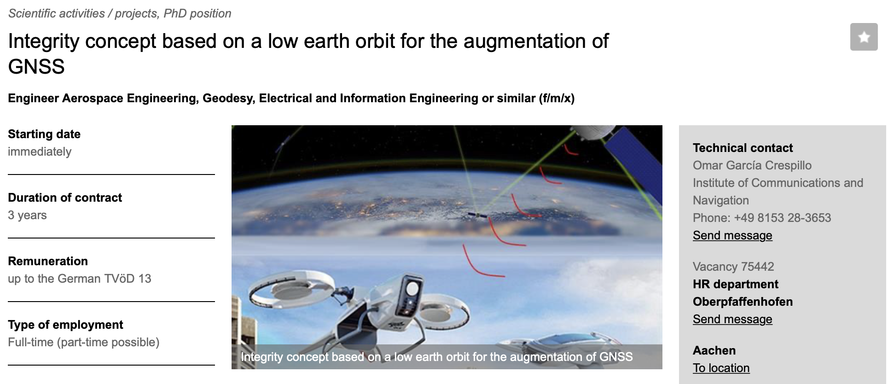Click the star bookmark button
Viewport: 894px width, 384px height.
(x=864, y=37)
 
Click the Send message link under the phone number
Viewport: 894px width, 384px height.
(x=732, y=235)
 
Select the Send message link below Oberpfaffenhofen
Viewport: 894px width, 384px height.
(x=732, y=319)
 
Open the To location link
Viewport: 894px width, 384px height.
(x=721, y=368)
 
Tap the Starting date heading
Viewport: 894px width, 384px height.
(x=44, y=134)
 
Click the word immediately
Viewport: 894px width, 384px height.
(x=40, y=151)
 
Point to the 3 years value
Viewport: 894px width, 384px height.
(x=27, y=215)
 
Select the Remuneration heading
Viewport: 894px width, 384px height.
(x=48, y=261)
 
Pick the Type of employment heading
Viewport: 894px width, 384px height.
(x=65, y=325)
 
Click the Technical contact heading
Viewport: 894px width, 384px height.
(x=743, y=148)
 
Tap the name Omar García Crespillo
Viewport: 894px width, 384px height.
(x=752, y=165)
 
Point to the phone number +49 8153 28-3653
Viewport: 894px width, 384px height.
(x=783, y=218)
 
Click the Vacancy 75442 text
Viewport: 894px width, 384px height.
(x=733, y=267)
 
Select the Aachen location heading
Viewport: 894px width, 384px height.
(x=714, y=350)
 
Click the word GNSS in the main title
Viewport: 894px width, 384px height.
(x=36, y=67)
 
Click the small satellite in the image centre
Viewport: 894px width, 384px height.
(x=477, y=215)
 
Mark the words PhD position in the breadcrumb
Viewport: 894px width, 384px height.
(x=197, y=13)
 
